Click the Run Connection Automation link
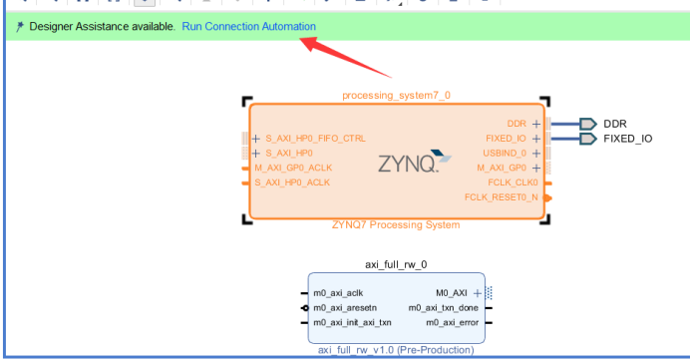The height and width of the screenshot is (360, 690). (x=248, y=26)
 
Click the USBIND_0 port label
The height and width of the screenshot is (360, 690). (x=503, y=154)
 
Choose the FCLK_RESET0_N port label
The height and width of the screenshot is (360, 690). (x=501, y=197)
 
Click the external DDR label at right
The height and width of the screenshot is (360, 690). (x=615, y=124)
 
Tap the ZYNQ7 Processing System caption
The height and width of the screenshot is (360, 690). (x=396, y=225)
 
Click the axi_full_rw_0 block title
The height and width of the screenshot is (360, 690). (x=396, y=264)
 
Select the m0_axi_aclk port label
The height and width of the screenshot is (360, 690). (x=339, y=293)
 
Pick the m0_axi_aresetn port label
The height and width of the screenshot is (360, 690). (x=346, y=308)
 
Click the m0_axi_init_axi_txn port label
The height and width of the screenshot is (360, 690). (x=352, y=322)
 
